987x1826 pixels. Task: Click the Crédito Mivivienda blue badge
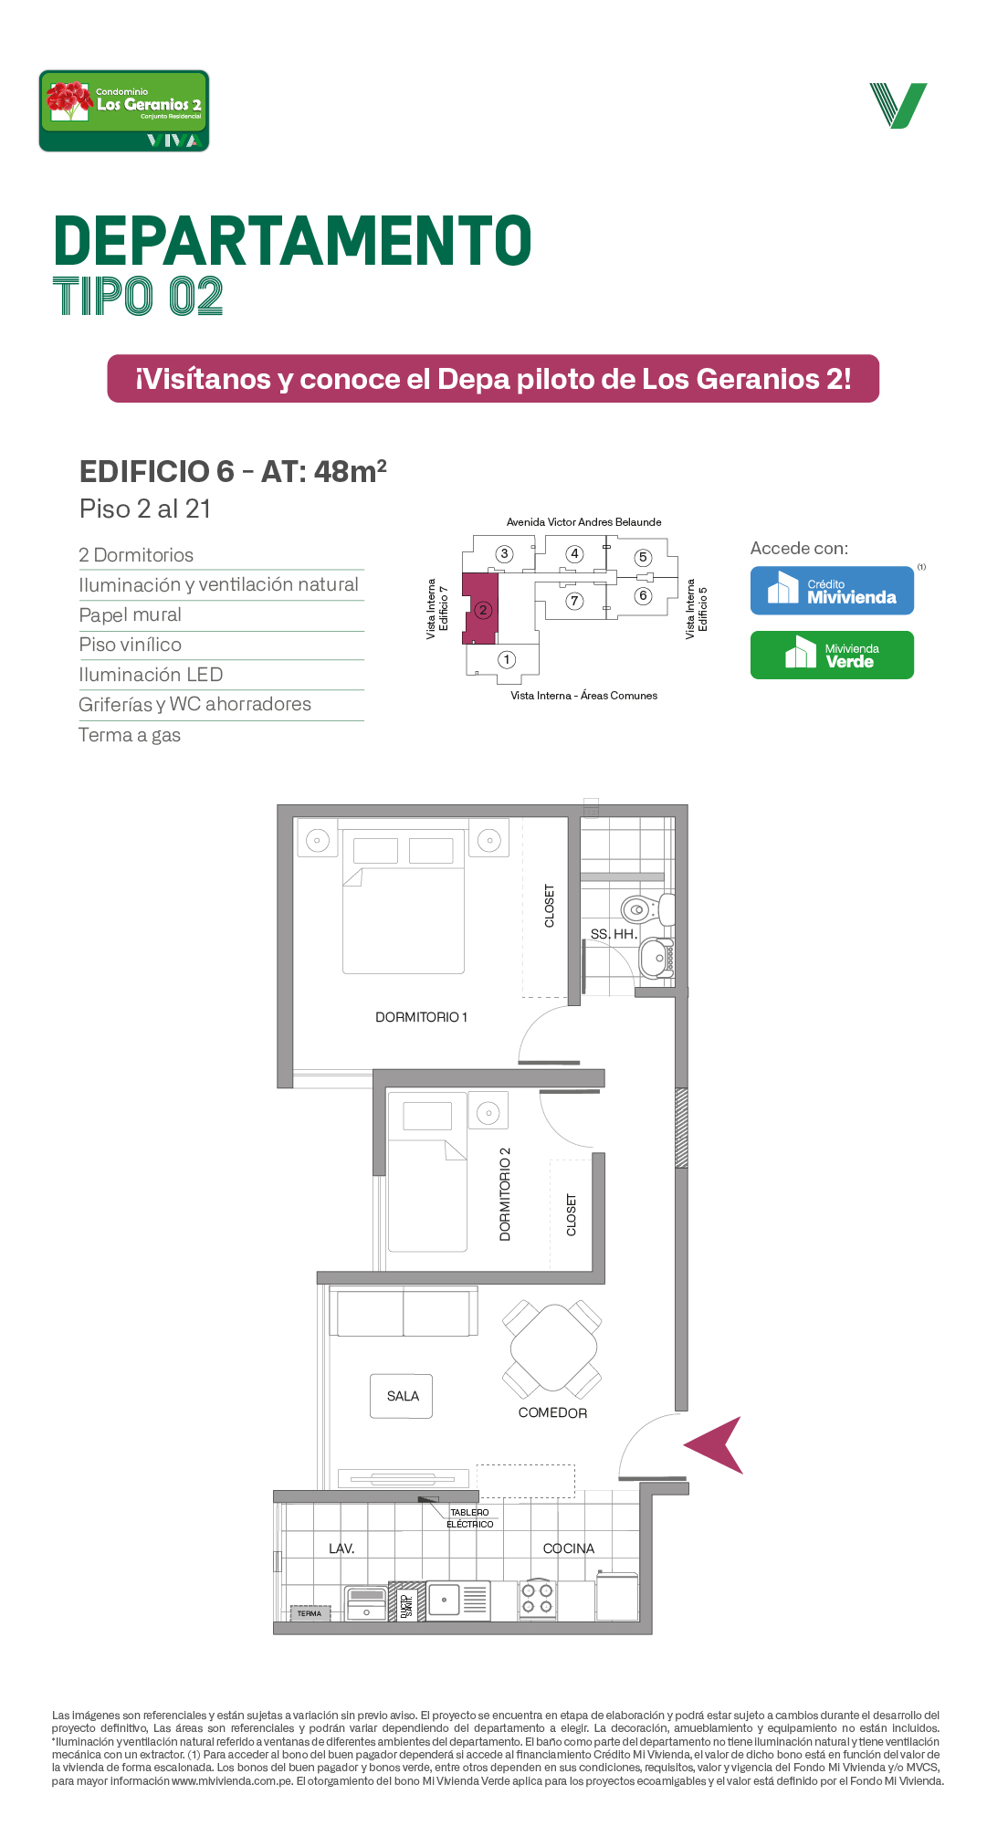(832, 591)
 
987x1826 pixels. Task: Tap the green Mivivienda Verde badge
(832, 655)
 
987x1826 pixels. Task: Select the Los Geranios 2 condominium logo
(124, 110)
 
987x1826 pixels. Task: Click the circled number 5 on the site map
(643, 557)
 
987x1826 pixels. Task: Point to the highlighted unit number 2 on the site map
(483, 610)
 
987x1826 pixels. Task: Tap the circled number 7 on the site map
(574, 601)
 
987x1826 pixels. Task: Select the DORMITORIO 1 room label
(421, 1017)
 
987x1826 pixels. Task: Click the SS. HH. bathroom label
(614, 934)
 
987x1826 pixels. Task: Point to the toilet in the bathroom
(647, 909)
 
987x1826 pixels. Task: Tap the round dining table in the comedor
(552, 1349)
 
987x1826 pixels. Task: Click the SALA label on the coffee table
(403, 1396)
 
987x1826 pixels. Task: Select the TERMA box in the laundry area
(310, 1613)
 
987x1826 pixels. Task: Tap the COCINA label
(569, 1548)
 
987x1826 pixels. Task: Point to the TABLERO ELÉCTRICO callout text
(469, 1518)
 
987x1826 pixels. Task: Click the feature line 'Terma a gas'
(130, 735)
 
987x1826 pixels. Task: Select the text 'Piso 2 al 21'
(145, 509)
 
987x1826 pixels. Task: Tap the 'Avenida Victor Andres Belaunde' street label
(584, 522)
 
